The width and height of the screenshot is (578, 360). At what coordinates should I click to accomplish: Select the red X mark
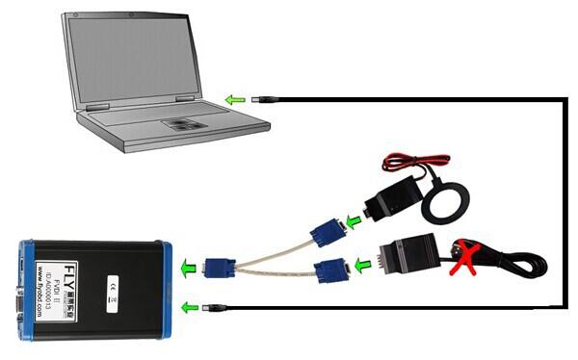(470, 257)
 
